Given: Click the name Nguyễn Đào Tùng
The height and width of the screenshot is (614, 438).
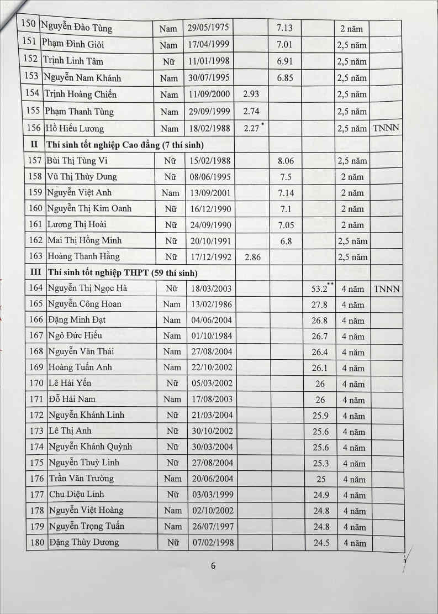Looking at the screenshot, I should click(77, 27).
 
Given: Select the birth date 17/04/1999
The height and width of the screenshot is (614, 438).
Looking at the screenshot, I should click(209, 44).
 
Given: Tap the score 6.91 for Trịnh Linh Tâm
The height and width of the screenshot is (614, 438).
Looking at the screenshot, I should click(285, 61).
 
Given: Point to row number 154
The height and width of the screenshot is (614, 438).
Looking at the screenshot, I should click(33, 93).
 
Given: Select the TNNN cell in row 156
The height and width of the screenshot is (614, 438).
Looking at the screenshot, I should click(386, 128).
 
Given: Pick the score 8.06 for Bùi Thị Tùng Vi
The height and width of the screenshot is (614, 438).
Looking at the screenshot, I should click(285, 161).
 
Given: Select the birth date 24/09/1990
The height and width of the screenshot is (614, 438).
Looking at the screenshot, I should click(209, 225).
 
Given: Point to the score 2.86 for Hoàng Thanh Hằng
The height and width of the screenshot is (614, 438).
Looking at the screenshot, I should click(251, 257).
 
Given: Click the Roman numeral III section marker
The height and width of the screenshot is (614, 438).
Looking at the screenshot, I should click(35, 272).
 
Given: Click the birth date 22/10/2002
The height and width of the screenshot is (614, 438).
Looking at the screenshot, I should click(209, 368).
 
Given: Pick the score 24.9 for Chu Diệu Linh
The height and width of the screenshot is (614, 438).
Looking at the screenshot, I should click(320, 495).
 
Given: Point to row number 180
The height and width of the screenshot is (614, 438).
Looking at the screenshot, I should click(36, 543).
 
